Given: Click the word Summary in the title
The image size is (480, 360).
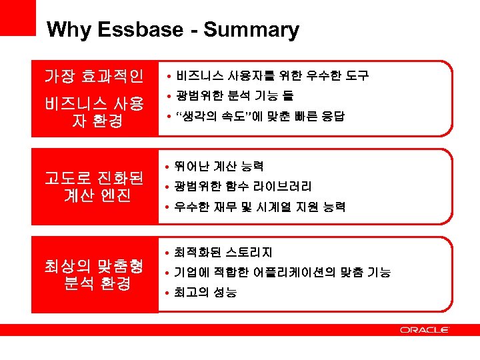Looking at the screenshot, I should coord(251,31).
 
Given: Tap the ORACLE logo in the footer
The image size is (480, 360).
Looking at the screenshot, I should coord(425,330).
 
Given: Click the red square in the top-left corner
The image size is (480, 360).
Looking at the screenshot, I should coord(17,17).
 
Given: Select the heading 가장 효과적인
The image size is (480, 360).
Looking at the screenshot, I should coord(93,77).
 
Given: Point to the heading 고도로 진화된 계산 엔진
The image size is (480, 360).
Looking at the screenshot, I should coord(93,186).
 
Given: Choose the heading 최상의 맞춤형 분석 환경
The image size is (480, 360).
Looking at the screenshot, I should coord(93,275).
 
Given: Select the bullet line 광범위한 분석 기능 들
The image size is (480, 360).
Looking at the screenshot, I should coord(234,96).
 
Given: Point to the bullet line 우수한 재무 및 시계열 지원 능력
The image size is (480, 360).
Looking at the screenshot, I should coord(260,207).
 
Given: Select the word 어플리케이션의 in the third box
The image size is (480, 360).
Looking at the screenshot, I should coord(299,273).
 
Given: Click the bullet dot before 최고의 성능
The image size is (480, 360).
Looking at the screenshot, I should coord(168,293).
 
